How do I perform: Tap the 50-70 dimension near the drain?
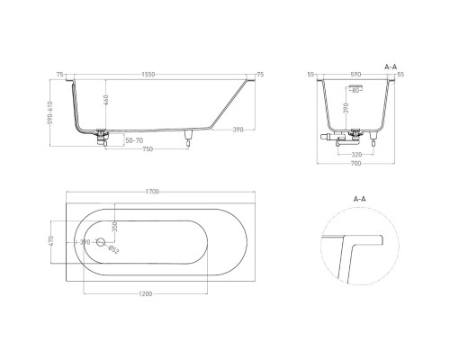click(132, 142)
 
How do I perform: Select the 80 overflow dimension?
click(355, 91)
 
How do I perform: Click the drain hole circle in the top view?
click(101, 244)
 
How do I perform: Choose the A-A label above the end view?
click(391, 66)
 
